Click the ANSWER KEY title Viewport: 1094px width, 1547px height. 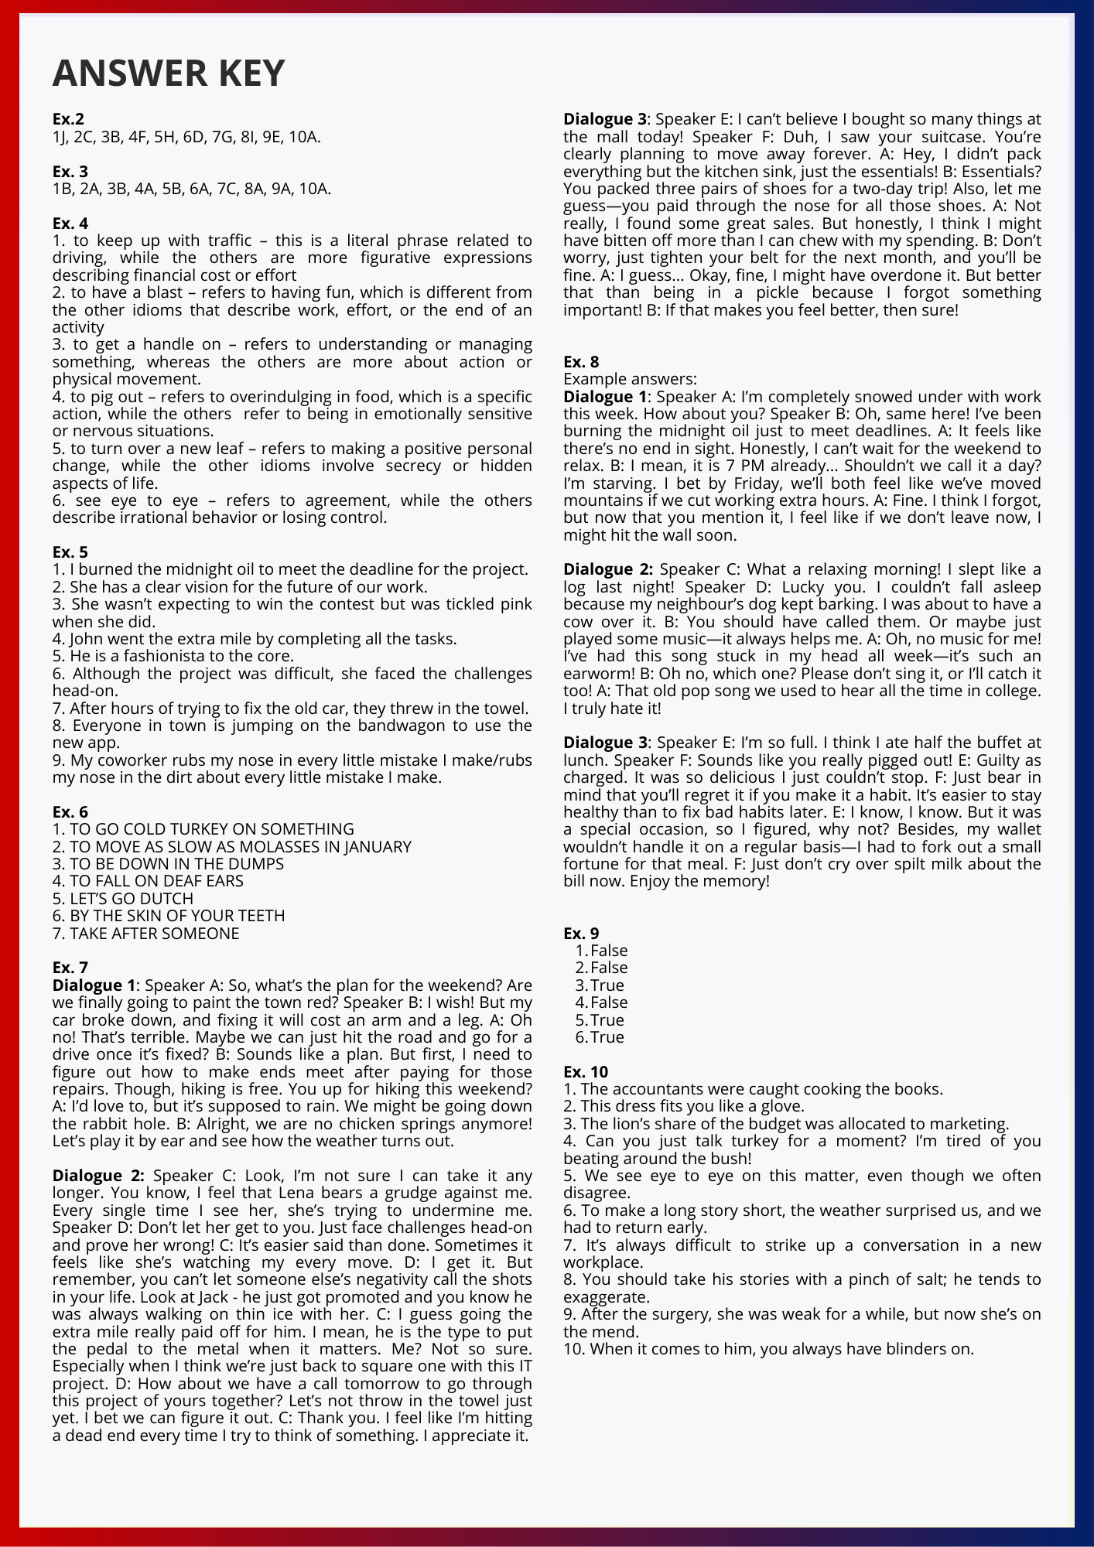pos(169,73)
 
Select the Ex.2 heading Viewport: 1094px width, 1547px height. pos(68,119)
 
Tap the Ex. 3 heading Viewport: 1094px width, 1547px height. pos(70,171)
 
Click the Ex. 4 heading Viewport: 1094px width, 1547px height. pos(70,224)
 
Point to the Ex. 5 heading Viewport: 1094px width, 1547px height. pos(70,552)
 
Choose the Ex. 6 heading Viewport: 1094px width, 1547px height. pos(70,811)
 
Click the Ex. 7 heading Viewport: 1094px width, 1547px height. pos(70,968)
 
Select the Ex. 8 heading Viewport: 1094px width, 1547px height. pos(581,361)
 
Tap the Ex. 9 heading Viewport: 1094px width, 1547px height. pos(581,933)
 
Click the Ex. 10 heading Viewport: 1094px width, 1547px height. pos(586,1071)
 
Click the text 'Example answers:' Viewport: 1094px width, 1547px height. pos(630,379)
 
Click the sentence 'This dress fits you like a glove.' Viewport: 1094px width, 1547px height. pos(684,1106)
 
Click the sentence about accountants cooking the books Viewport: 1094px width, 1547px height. pos(753,1089)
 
